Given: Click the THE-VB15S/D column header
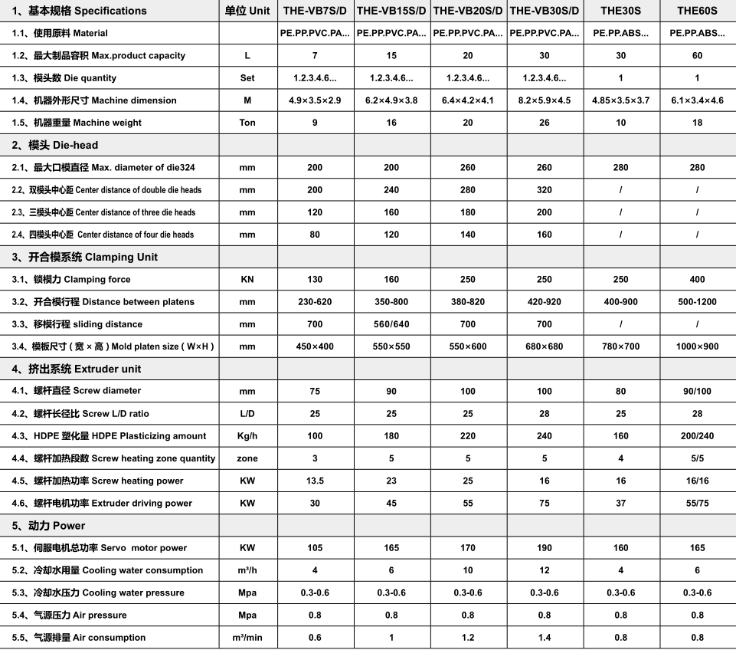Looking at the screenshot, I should [x=391, y=11].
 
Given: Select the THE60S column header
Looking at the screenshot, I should [x=697, y=11].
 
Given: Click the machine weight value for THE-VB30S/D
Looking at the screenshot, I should [x=545, y=123].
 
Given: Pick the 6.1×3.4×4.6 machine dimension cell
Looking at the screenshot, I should [x=697, y=100].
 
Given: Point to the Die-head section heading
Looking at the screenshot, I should [x=55, y=145].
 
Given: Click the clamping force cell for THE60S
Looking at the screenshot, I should [x=697, y=280].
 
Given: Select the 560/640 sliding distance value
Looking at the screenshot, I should [x=391, y=324].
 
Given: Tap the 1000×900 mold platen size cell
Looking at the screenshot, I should [x=697, y=346].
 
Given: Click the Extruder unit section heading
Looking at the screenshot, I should [x=77, y=369].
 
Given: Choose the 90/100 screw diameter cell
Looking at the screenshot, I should [x=697, y=392].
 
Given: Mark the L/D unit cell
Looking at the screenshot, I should [x=247, y=414].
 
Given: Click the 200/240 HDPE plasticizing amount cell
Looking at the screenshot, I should [x=697, y=436].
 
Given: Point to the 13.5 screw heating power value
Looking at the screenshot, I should [x=315, y=481].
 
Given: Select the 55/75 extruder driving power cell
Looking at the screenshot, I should [x=697, y=504].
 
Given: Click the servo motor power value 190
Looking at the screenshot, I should [x=545, y=548].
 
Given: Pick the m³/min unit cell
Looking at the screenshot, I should [x=247, y=638].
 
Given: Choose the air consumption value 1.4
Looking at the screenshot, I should [x=545, y=638].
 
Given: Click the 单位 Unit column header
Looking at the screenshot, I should [x=247, y=11].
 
